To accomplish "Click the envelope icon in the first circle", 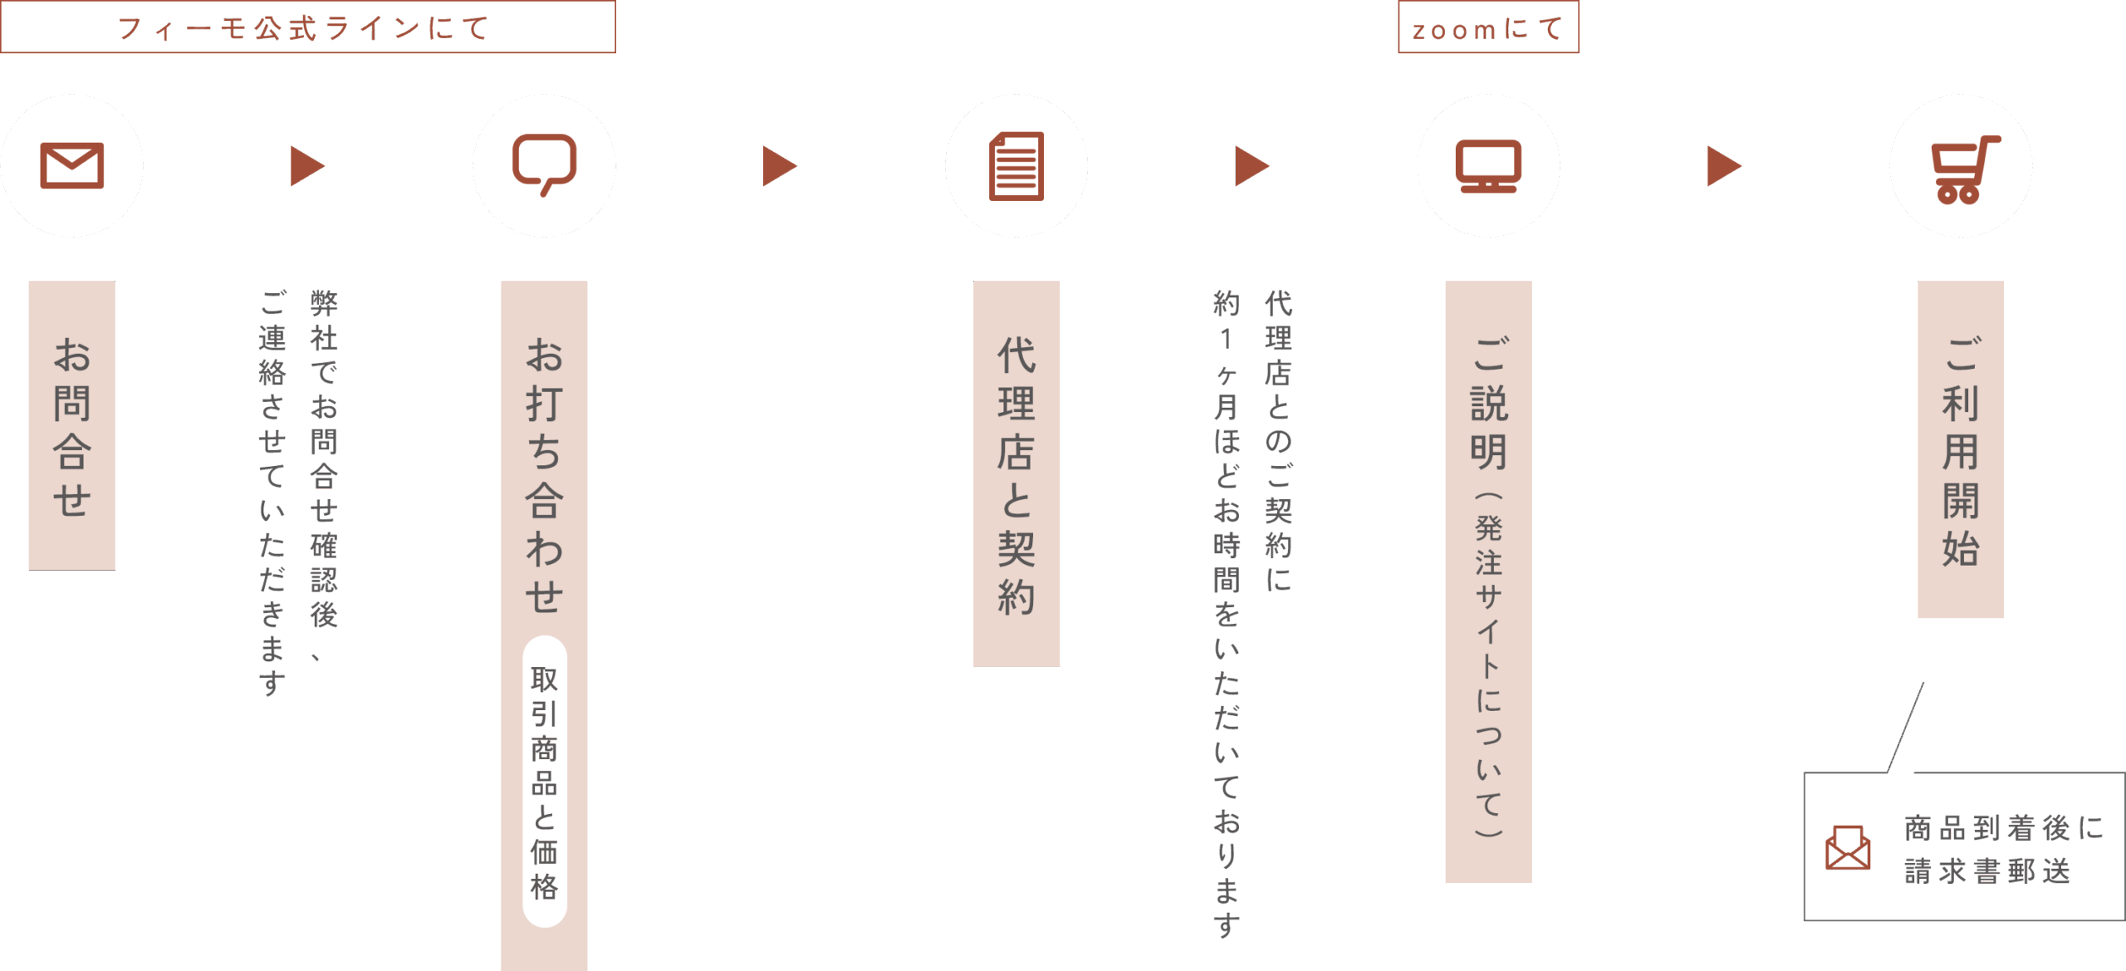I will (x=72, y=165).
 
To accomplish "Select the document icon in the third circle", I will (x=1016, y=166).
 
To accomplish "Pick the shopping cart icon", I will (x=1962, y=169).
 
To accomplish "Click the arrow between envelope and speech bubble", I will (x=306, y=166).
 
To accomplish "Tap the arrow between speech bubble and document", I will (x=779, y=166).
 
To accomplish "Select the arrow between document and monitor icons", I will (x=1251, y=166).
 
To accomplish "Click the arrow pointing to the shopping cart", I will (x=1723, y=166).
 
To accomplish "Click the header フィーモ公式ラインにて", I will (x=307, y=28).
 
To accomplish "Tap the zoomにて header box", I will (x=1488, y=28).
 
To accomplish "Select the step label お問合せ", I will (x=71, y=425).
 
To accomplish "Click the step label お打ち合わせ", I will (x=544, y=473).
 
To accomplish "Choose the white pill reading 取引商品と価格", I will (x=544, y=782).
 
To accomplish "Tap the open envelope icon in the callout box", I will (x=1848, y=847).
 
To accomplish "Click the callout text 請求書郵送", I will (x=1986, y=871).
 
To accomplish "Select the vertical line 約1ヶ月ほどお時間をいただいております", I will (x=1227, y=613).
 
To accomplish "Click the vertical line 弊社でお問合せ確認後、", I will (x=323, y=473).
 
